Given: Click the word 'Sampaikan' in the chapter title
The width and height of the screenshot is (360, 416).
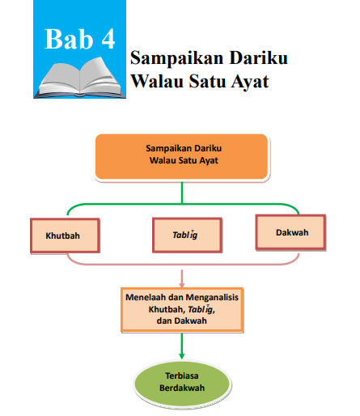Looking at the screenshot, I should [172, 59].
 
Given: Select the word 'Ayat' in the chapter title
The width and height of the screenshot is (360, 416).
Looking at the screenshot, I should [248, 82].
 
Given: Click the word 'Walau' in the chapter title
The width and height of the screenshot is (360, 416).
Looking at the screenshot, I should [156, 82].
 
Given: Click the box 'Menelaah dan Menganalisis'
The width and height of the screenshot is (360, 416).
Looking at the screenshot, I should [181, 308].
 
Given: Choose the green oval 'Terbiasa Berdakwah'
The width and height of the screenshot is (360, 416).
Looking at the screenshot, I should [182, 383].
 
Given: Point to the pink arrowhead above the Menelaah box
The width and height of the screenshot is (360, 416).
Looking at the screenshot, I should [182, 282].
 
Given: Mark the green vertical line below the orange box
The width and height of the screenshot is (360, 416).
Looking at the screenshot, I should [182, 191].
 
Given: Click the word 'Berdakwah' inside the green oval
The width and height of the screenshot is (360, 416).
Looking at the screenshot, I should [182, 389].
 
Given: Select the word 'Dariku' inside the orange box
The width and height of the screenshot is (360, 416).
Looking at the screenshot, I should [208, 149].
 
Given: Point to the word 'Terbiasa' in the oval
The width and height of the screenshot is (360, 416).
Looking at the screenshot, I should [182, 377].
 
